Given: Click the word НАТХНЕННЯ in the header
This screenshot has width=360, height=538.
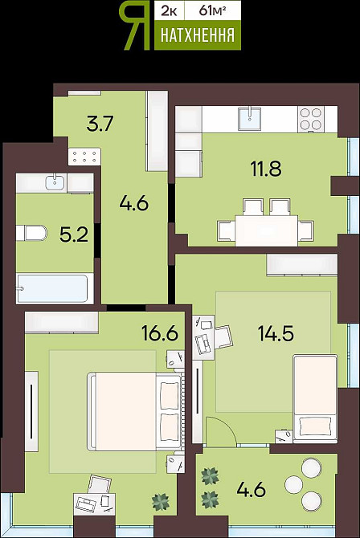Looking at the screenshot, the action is [x=198, y=35].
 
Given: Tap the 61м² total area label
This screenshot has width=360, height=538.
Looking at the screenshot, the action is [x=212, y=11].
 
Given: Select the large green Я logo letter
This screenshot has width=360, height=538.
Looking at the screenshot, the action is [x=135, y=26].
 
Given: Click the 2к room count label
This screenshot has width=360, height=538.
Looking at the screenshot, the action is [x=170, y=11].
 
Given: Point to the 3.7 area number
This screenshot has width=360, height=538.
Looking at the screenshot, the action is [x=100, y=124].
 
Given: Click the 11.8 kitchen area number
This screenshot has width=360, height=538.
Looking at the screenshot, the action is [x=266, y=169].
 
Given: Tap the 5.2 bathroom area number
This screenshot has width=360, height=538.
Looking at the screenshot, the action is [x=74, y=234].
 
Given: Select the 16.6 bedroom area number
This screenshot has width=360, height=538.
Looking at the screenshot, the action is [x=160, y=332].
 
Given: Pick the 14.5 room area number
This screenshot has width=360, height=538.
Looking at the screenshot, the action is [x=276, y=333].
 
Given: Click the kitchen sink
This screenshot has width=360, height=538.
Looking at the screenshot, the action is [x=250, y=119].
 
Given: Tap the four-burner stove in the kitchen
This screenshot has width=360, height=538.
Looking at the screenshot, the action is [x=311, y=119].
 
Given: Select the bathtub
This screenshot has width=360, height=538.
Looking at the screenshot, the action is [x=52, y=289].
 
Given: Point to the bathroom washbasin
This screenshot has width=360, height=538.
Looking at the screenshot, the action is [x=56, y=181].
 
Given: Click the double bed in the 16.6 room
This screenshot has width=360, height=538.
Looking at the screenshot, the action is [x=135, y=411].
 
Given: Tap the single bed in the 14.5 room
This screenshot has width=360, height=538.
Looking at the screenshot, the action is [x=315, y=399].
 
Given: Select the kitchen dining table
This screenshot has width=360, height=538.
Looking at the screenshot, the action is [x=266, y=230].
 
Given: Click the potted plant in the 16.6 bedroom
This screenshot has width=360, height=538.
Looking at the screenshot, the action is [x=161, y=502].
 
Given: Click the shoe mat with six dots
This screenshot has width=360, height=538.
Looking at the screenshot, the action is [x=84, y=157].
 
